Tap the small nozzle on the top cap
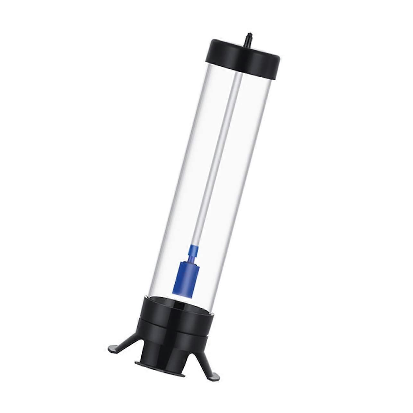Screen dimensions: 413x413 248,36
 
